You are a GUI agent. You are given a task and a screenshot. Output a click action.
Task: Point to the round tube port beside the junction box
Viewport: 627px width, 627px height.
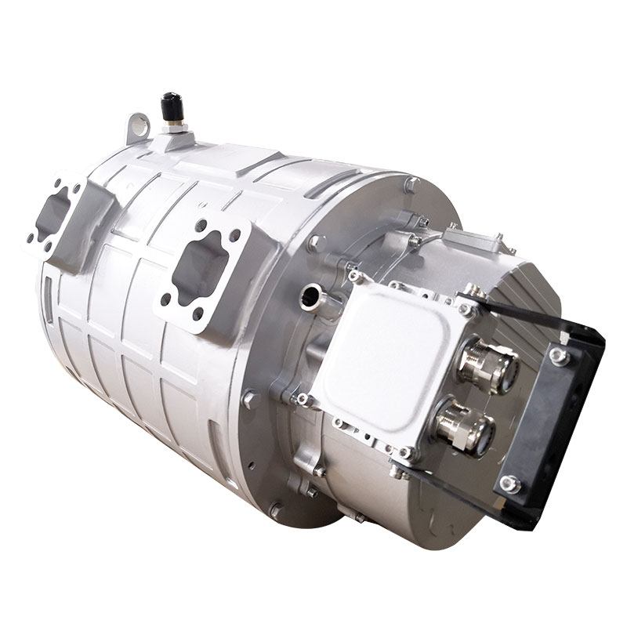point(310,295)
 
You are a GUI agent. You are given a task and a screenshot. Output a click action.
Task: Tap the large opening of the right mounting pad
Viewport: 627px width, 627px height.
point(201,270)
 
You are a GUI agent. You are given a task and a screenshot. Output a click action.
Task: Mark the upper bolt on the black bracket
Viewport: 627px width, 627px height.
point(558,355)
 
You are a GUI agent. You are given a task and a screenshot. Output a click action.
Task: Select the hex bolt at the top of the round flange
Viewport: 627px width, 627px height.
point(411,185)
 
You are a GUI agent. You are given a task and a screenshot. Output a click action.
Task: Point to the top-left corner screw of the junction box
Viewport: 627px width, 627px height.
point(355,276)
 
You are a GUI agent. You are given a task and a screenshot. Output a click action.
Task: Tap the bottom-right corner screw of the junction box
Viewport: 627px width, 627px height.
point(406,453)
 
